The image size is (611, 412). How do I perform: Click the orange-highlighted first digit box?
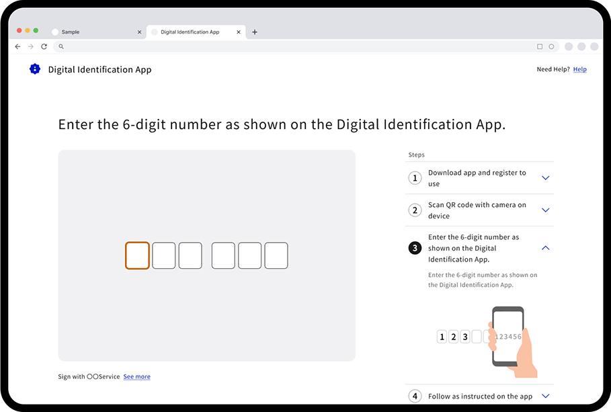click(x=137, y=256)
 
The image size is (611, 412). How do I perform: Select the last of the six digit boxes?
click(x=276, y=256)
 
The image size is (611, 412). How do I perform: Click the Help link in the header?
click(x=579, y=69)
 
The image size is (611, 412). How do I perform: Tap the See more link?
click(x=136, y=377)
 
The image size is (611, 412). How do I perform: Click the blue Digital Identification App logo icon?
click(x=35, y=69)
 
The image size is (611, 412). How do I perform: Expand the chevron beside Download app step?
click(x=546, y=178)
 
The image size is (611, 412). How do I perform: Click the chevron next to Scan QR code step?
click(x=546, y=210)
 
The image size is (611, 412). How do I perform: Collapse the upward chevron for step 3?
click(x=546, y=248)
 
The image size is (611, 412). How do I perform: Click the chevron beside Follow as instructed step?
click(x=546, y=396)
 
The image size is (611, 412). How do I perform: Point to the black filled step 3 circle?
click(x=415, y=248)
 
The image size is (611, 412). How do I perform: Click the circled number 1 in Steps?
click(x=415, y=178)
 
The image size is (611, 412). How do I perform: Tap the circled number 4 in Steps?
click(x=415, y=396)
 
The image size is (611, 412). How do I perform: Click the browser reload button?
click(x=44, y=46)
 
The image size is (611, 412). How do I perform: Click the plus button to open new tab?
click(x=255, y=32)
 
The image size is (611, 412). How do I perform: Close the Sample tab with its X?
click(x=139, y=32)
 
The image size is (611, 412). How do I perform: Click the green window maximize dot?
click(x=36, y=30)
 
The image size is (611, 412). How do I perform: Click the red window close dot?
click(x=19, y=30)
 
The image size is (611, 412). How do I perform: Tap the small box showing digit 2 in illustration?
click(x=453, y=337)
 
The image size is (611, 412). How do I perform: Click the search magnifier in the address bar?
click(x=61, y=46)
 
